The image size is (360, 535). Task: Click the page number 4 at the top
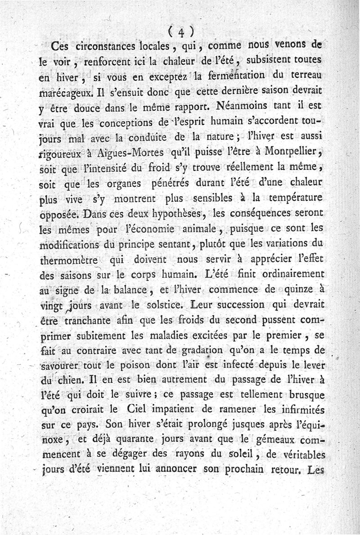pyautogui.click(x=182, y=31)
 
